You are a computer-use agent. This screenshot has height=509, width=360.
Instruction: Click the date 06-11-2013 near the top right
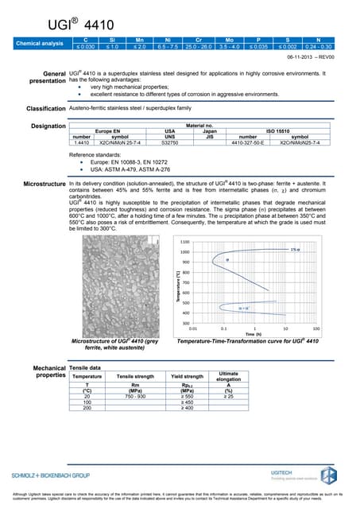(298, 56)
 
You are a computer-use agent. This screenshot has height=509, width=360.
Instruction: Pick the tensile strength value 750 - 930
(136, 395)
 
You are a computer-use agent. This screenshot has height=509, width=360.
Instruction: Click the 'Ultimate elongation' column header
(228, 375)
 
